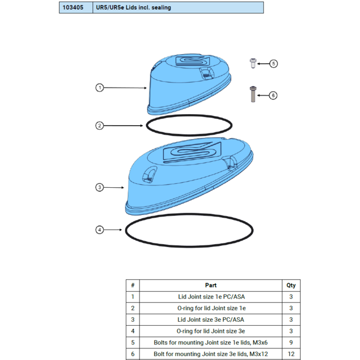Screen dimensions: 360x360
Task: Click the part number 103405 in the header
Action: [x=73, y=8]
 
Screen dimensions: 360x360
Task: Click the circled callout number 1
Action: [x=99, y=88]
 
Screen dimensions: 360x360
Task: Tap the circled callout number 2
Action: [x=99, y=126]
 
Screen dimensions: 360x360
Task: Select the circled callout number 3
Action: [x=99, y=187]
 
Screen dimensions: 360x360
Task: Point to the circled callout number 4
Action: [x=99, y=230]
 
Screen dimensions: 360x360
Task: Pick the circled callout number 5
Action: [x=274, y=64]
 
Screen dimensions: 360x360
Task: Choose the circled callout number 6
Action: [x=273, y=95]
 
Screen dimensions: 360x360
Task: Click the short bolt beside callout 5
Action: [x=253, y=63]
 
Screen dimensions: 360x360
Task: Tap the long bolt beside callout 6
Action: [x=253, y=94]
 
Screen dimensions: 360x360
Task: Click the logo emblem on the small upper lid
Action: [x=192, y=61]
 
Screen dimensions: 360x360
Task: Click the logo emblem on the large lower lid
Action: [x=192, y=152]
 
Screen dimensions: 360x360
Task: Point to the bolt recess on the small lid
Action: [x=206, y=73]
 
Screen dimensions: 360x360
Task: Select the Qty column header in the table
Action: [x=291, y=285]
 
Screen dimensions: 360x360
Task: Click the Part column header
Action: [x=211, y=285]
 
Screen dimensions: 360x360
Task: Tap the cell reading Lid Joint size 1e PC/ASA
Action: [x=211, y=297]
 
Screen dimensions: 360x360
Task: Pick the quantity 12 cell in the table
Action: [x=291, y=354]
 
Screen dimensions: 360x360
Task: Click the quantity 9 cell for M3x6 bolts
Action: [x=291, y=342]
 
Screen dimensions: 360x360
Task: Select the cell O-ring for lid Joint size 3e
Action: [x=211, y=331]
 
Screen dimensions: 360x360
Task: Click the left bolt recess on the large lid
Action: [x=149, y=174]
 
